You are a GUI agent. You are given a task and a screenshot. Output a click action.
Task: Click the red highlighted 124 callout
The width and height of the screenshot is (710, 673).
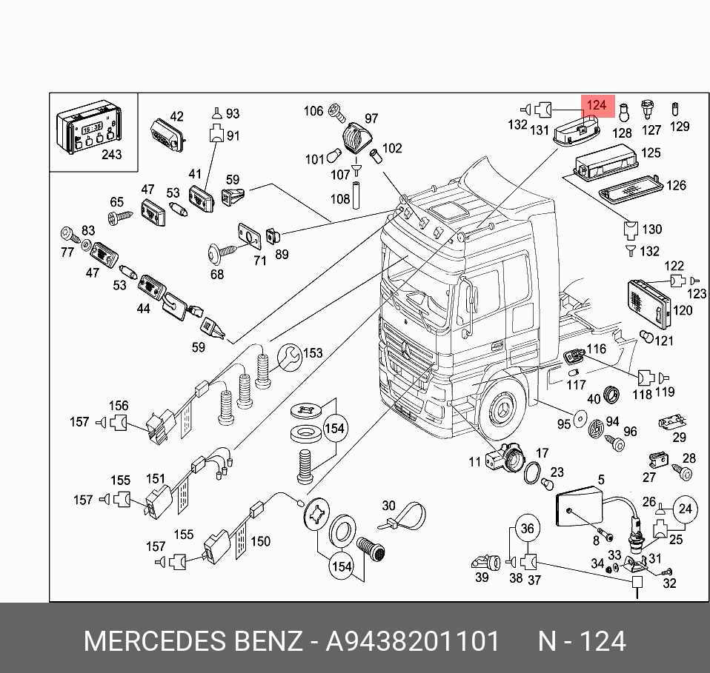point(597,106)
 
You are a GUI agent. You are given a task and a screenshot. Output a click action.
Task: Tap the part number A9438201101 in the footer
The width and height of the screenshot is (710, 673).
point(413,641)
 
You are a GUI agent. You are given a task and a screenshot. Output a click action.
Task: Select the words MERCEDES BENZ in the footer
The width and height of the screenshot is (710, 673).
point(192,641)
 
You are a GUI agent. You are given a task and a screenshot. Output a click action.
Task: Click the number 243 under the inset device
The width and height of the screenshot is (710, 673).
point(110,155)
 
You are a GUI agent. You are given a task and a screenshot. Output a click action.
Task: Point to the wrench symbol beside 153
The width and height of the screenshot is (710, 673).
point(291,358)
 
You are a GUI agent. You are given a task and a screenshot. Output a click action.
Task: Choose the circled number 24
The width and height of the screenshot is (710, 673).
point(684,509)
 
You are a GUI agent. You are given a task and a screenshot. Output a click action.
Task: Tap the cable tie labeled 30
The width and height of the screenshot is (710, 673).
point(404,517)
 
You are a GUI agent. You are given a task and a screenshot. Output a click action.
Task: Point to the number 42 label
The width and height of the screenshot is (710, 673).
point(176,116)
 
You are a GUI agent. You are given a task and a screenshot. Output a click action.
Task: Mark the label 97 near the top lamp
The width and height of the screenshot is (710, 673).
point(371,118)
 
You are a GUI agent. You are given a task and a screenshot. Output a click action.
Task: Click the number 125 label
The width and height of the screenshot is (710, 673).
point(651,153)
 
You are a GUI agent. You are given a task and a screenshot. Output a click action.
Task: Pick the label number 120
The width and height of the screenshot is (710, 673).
point(683,310)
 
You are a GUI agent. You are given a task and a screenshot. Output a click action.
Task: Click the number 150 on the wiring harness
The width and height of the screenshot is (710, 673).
point(260,542)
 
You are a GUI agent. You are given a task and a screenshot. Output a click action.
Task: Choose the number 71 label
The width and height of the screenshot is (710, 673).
point(259,261)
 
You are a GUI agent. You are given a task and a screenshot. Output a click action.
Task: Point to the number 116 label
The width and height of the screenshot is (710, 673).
point(597,349)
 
